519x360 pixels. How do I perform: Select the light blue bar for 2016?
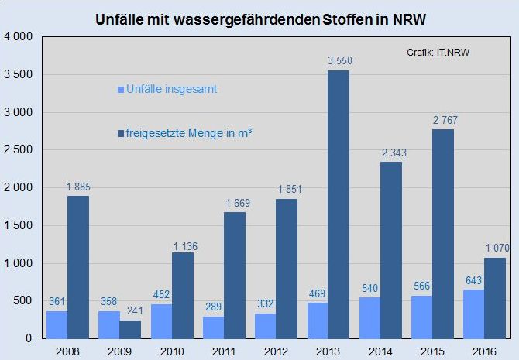(x=474, y=314)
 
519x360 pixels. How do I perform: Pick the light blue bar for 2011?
(x=214, y=327)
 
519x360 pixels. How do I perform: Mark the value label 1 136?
(x=183, y=245)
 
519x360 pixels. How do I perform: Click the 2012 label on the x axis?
(x=277, y=350)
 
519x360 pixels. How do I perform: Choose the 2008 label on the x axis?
(x=67, y=350)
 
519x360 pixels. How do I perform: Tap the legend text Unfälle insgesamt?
(x=172, y=89)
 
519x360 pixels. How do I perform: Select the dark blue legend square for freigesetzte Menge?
(x=119, y=135)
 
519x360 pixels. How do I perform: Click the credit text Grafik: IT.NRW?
(x=438, y=52)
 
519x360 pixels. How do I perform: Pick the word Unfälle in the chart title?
(x=116, y=16)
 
